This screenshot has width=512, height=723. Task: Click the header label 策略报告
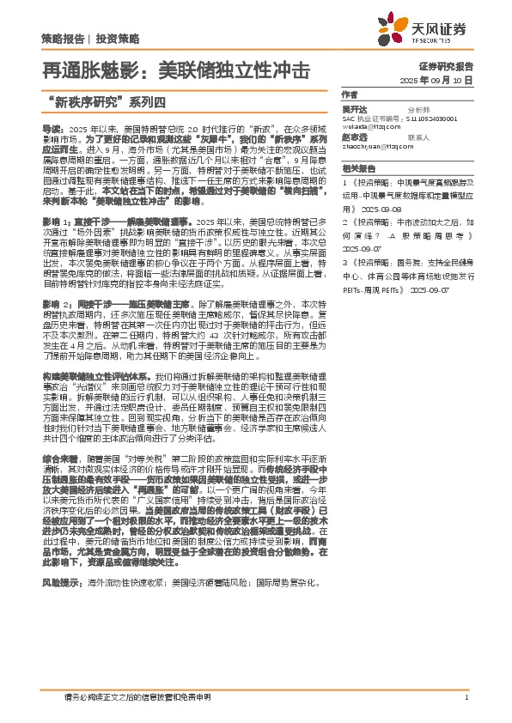pyautogui.click(x=63, y=39)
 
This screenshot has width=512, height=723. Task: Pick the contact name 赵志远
pyautogui.click(x=354, y=137)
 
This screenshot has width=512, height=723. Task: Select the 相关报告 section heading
pyautogui.click(x=358, y=169)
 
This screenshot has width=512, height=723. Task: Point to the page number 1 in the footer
pyautogui.click(x=465, y=697)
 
